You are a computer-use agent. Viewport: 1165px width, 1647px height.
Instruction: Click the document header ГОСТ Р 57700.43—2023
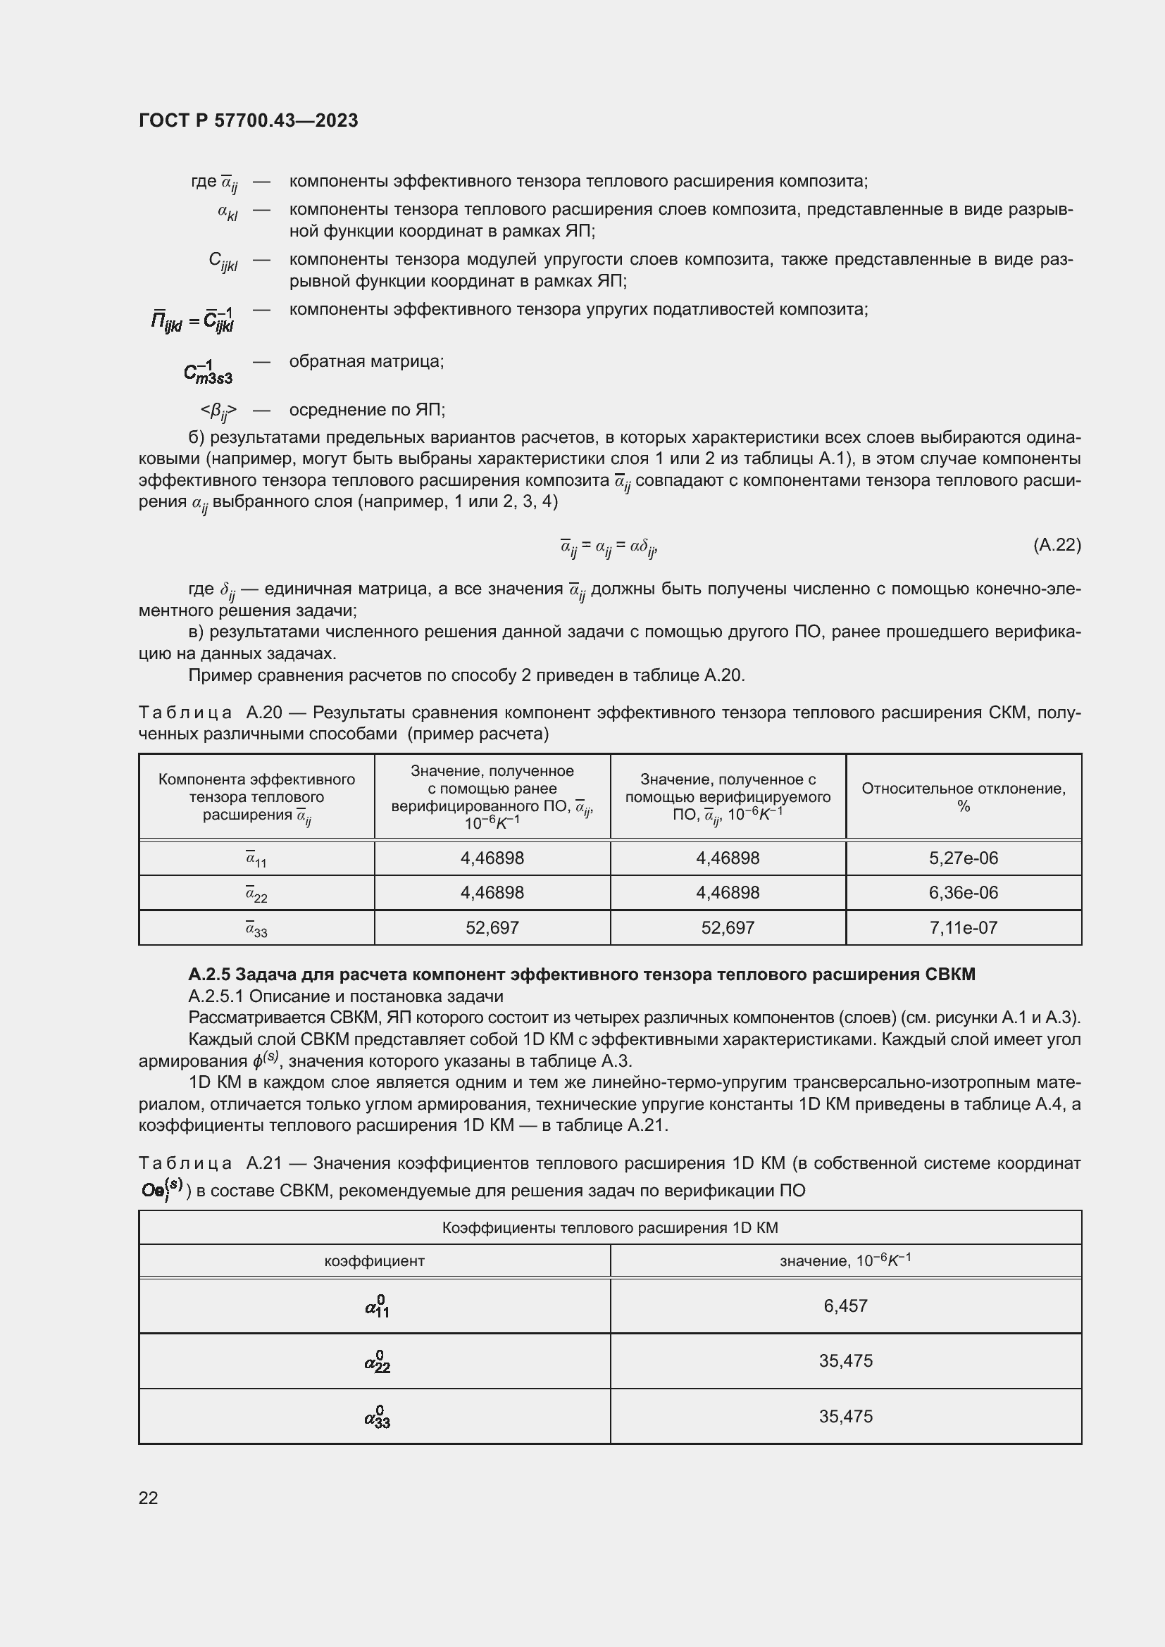pyautogui.click(x=248, y=120)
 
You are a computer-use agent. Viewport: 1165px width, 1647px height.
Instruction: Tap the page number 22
pyautogui.click(x=148, y=1497)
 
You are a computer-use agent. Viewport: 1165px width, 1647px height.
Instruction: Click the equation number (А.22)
pyautogui.click(x=1056, y=544)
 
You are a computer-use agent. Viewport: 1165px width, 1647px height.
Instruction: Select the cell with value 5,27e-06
pyautogui.click(x=963, y=858)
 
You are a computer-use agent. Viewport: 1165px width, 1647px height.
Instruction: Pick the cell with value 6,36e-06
pyautogui.click(x=963, y=892)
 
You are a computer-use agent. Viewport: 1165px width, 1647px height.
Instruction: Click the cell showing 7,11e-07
pyautogui.click(x=963, y=927)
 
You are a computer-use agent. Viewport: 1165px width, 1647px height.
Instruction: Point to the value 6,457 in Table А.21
pyautogui.click(x=845, y=1305)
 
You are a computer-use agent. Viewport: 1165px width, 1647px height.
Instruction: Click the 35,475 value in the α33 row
pyautogui.click(x=845, y=1416)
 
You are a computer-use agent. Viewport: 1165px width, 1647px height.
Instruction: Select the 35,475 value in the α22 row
pyautogui.click(x=845, y=1361)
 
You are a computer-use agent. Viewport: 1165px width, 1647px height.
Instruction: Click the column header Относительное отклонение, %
pyautogui.click(x=963, y=796)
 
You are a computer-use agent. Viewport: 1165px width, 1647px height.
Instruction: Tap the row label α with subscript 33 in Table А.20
pyautogui.click(x=256, y=929)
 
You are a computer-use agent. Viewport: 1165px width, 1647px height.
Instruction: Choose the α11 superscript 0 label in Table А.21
pyautogui.click(x=377, y=1306)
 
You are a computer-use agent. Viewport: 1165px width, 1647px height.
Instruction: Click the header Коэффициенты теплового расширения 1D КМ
pyautogui.click(x=610, y=1227)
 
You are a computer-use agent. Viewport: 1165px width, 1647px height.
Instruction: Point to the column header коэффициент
pyautogui.click(x=374, y=1260)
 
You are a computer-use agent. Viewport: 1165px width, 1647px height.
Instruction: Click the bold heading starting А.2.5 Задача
pyautogui.click(x=581, y=974)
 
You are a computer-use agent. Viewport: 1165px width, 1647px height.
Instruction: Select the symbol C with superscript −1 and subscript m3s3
pyautogui.click(x=207, y=371)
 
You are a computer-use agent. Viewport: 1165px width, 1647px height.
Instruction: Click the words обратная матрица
pyautogui.click(x=366, y=361)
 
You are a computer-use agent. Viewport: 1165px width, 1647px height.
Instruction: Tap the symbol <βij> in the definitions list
pyautogui.click(x=218, y=411)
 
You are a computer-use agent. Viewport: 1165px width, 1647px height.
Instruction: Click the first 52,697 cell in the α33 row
pyautogui.click(x=492, y=927)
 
